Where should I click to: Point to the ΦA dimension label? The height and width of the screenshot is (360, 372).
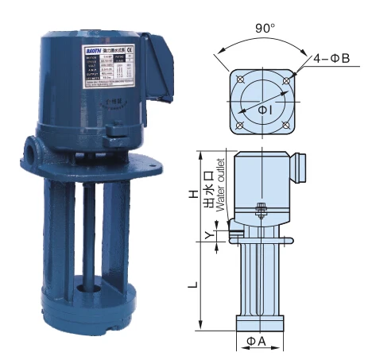(257, 341)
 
